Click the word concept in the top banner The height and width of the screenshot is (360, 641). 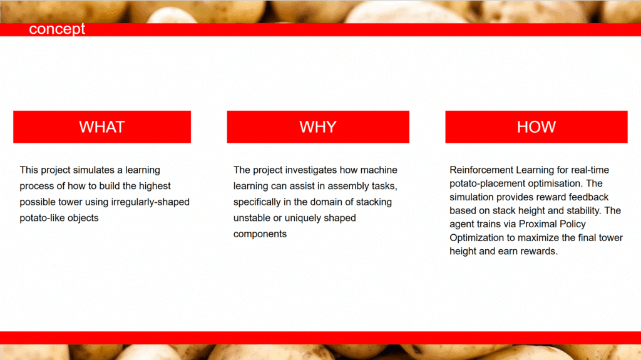tap(57, 29)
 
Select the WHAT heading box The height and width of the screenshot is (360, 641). tap(102, 127)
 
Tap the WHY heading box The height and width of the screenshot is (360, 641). tap(318, 127)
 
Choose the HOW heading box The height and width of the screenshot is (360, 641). tap(536, 127)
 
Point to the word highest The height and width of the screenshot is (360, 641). tap(155, 186)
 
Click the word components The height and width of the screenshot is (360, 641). tap(260, 234)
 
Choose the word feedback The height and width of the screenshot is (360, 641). tap(588, 197)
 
